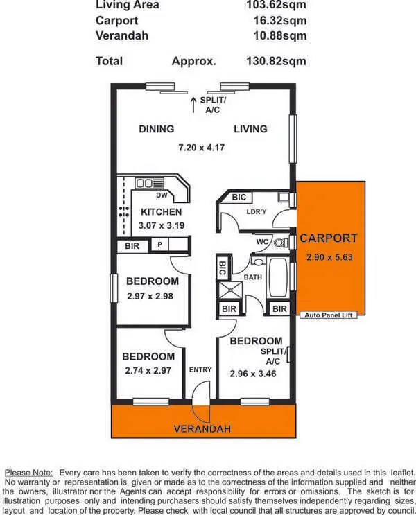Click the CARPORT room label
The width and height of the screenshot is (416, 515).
(329, 238)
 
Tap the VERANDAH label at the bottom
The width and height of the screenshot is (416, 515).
(202, 429)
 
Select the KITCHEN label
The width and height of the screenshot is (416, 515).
(161, 212)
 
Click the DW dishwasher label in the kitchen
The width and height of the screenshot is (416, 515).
(161, 196)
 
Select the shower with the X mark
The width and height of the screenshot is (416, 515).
(229, 289)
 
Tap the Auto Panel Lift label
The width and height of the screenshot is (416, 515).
(329, 315)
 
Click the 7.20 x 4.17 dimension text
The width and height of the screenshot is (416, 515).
(201, 148)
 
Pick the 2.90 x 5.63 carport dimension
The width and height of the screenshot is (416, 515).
(329, 257)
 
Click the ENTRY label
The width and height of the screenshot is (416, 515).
(200, 369)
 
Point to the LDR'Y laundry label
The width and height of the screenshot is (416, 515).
(257, 213)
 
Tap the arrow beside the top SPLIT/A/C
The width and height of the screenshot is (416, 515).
(193, 104)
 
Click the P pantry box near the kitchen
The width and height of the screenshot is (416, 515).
(159, 245)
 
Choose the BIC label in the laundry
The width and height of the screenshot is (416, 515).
(239, 198)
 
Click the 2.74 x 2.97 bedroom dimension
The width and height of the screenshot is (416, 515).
(148, 371)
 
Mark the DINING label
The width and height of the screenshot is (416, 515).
(156, 129)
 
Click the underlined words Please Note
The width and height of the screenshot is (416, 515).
(28, 473)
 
